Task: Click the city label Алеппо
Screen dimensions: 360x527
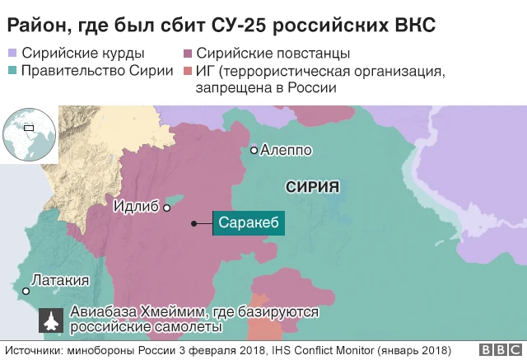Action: pos(286,151)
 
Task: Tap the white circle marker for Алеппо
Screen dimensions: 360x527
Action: pos(254,151)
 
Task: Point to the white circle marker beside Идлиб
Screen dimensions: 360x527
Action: pos(167,208)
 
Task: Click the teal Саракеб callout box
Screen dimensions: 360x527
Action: pos(250,223)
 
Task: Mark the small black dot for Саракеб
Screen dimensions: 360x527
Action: pos(194,223)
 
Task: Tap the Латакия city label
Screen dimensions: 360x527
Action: pos(60,280)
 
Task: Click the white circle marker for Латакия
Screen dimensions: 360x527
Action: pos(26,292)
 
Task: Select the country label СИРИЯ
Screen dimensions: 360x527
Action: pos(313,187)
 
